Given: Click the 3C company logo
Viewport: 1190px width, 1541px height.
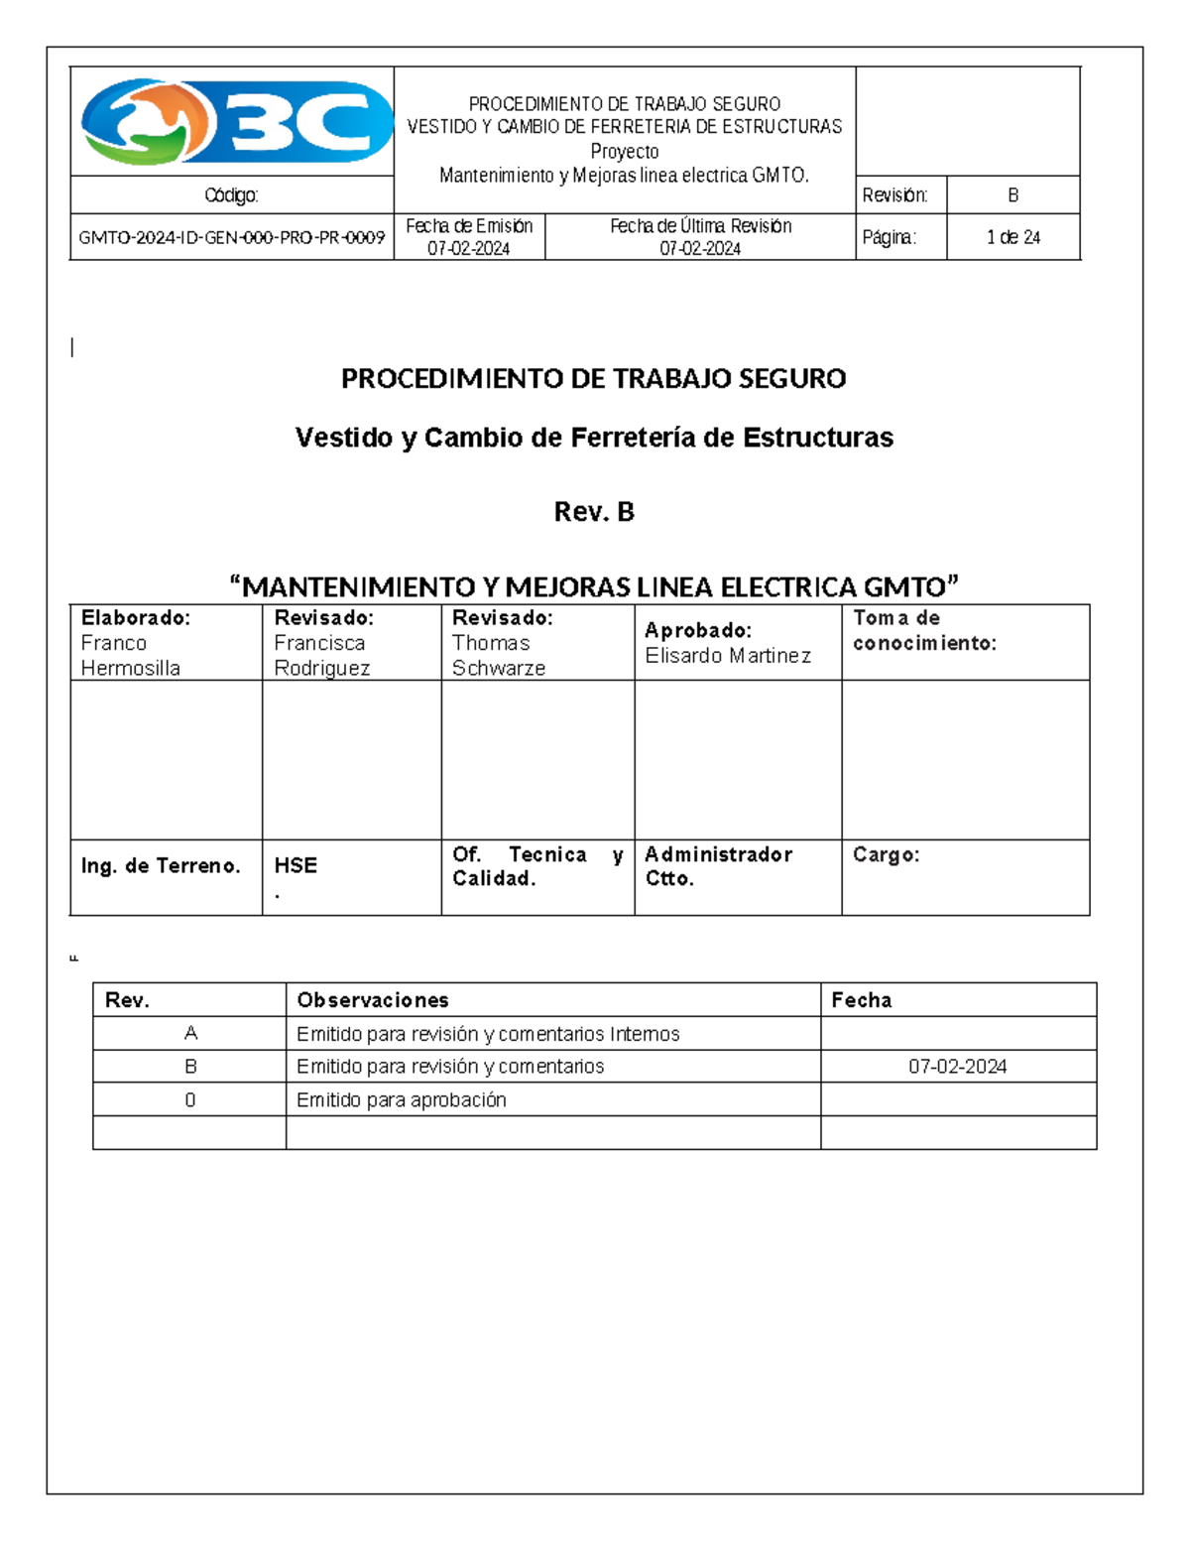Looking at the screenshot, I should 236,122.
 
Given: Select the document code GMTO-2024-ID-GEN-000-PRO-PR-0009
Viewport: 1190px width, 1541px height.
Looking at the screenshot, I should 231,237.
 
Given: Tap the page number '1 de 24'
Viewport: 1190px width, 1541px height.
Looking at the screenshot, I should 1012,237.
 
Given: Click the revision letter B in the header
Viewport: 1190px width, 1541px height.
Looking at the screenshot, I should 1012,195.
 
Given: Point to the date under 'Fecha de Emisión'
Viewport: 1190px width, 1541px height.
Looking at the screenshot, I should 468,248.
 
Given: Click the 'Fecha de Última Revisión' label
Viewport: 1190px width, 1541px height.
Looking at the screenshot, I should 700,226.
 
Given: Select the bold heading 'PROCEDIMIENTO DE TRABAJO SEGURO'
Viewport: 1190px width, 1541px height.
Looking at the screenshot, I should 593,378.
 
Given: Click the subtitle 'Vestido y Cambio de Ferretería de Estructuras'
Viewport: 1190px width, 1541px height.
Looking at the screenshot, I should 593,438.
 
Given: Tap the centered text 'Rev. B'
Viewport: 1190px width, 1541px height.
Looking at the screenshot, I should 593,512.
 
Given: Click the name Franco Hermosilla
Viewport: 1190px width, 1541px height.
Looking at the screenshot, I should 130,655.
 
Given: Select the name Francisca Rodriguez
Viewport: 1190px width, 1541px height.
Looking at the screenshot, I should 321,655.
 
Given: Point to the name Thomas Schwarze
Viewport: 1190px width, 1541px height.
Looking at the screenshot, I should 498,655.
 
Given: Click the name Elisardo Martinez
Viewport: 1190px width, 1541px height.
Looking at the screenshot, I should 727,656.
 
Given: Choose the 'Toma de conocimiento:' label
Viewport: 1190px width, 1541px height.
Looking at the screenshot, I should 924,630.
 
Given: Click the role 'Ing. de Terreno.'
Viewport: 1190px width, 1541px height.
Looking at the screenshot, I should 161,865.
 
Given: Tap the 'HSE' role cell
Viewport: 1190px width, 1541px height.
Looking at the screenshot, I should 296,865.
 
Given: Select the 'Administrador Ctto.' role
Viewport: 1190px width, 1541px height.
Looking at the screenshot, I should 718,866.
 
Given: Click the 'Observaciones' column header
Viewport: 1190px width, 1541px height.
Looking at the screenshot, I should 373,1000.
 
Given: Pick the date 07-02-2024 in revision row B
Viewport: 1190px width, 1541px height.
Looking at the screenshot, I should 957,1067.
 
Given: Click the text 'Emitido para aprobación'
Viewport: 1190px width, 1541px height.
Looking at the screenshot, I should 401,1099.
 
